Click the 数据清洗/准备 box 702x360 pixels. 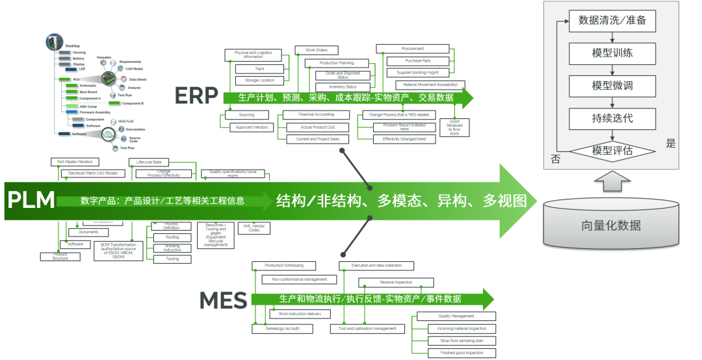[x=612, y=21]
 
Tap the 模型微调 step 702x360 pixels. [x=612, y=86]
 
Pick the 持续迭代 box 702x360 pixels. [x=612, y=118]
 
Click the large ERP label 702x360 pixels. [x=196, y=96]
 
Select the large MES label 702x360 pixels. [x=223, y=300]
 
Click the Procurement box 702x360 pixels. [x=412, y=49]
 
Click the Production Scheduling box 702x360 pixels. [x=283, y=265]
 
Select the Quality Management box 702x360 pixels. [x=456, y=316]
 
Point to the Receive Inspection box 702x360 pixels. [x=395, y=283]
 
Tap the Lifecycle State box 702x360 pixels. [x=148, y=162]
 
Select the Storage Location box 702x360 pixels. [x=259, y=81]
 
